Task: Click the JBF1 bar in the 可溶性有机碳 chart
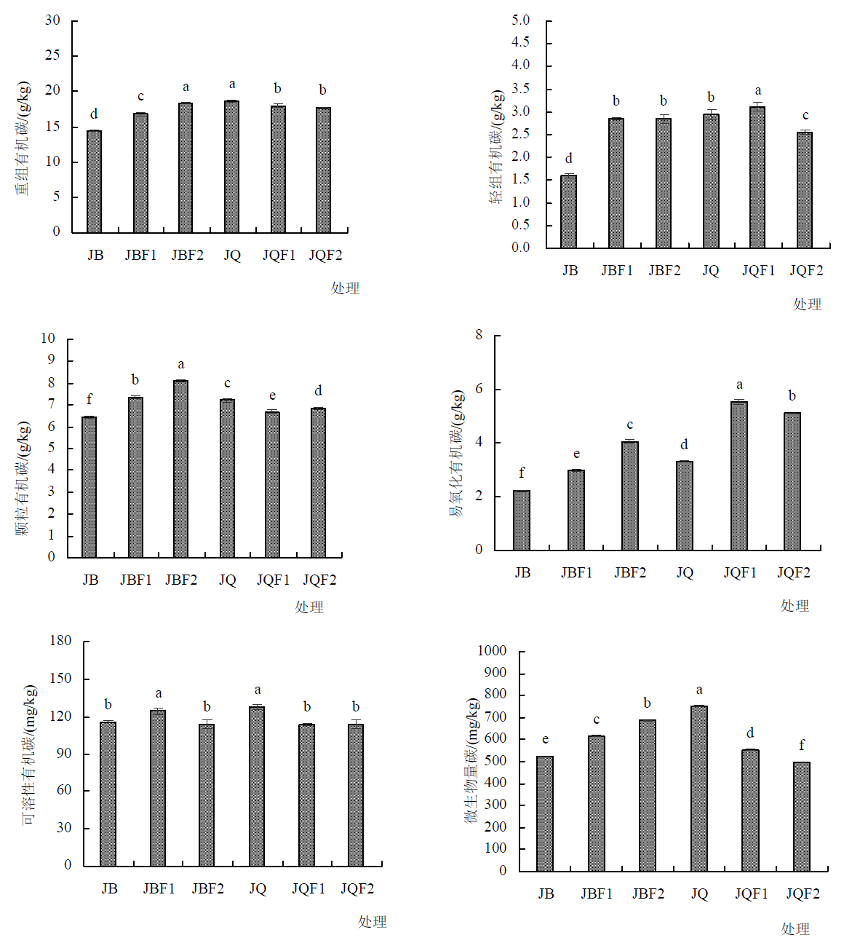point(158,788)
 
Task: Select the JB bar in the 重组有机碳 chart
point(94,181)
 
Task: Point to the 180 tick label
point(60,641)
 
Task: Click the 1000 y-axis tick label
point(492,650)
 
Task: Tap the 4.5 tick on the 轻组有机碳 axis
point(520,42)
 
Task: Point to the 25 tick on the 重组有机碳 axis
point(52,55)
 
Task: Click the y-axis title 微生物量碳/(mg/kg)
point(472,760)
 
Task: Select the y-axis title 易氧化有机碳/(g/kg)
point(456,453)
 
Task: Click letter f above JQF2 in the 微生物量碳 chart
point(802,745)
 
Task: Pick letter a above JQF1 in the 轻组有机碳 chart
point(758,91)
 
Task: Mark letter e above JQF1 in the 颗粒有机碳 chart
point(272,395)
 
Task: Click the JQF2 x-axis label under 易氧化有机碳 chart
point(793,572)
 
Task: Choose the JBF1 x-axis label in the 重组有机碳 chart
point(140,255)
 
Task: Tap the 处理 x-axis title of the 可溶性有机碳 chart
point(372,921)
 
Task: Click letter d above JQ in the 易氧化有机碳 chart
point(684,444)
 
